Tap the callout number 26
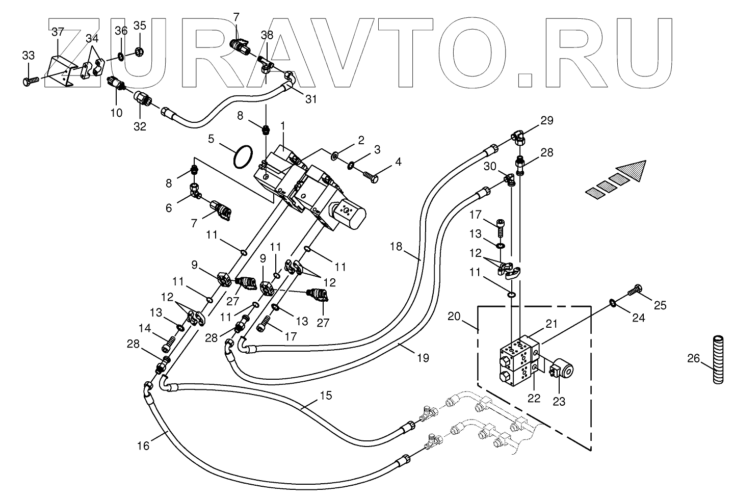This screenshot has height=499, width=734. (693, 358)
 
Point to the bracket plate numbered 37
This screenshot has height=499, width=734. (61, 71)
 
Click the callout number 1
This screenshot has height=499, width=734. (282, 126)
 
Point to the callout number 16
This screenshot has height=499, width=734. (143, 445)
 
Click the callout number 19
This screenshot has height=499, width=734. (423, 358)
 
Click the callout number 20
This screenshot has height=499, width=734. (454, 316)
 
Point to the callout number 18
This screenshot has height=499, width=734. (396, 246)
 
